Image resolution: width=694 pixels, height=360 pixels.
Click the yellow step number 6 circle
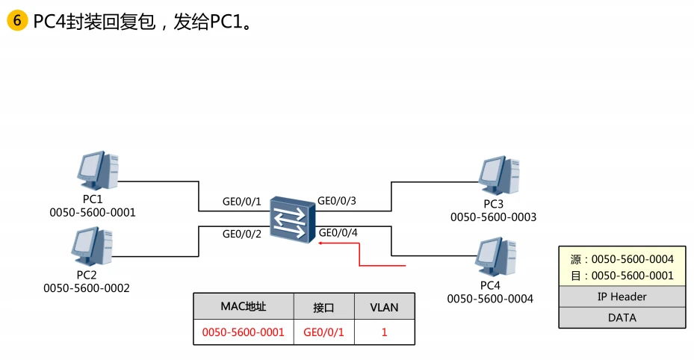pos(17,21)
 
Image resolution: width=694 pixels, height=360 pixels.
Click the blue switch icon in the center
pos(291,219)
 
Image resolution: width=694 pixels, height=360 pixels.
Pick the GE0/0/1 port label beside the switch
pos(242,202)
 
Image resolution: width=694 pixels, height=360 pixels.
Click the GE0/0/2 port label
pos(242,234)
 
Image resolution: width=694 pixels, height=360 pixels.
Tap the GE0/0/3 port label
pos(337,201)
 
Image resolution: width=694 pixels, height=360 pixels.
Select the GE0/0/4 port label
pos(338,233)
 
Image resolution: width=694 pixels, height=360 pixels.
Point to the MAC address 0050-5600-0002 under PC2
pos(87,288)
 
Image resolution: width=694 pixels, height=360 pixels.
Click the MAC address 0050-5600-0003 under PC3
pos(493,217)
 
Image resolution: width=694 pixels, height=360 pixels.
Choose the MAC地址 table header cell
pos(243,307)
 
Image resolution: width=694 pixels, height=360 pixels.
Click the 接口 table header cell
pos(323,307)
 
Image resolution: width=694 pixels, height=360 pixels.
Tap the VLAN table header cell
pos(384,307)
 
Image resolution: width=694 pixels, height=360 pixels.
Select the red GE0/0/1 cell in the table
pos(323,332)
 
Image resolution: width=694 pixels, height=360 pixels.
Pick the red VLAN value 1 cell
pos(384,332)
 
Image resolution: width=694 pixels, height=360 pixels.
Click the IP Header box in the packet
pos(622,297)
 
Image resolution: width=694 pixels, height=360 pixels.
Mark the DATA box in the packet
pos(622,317)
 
